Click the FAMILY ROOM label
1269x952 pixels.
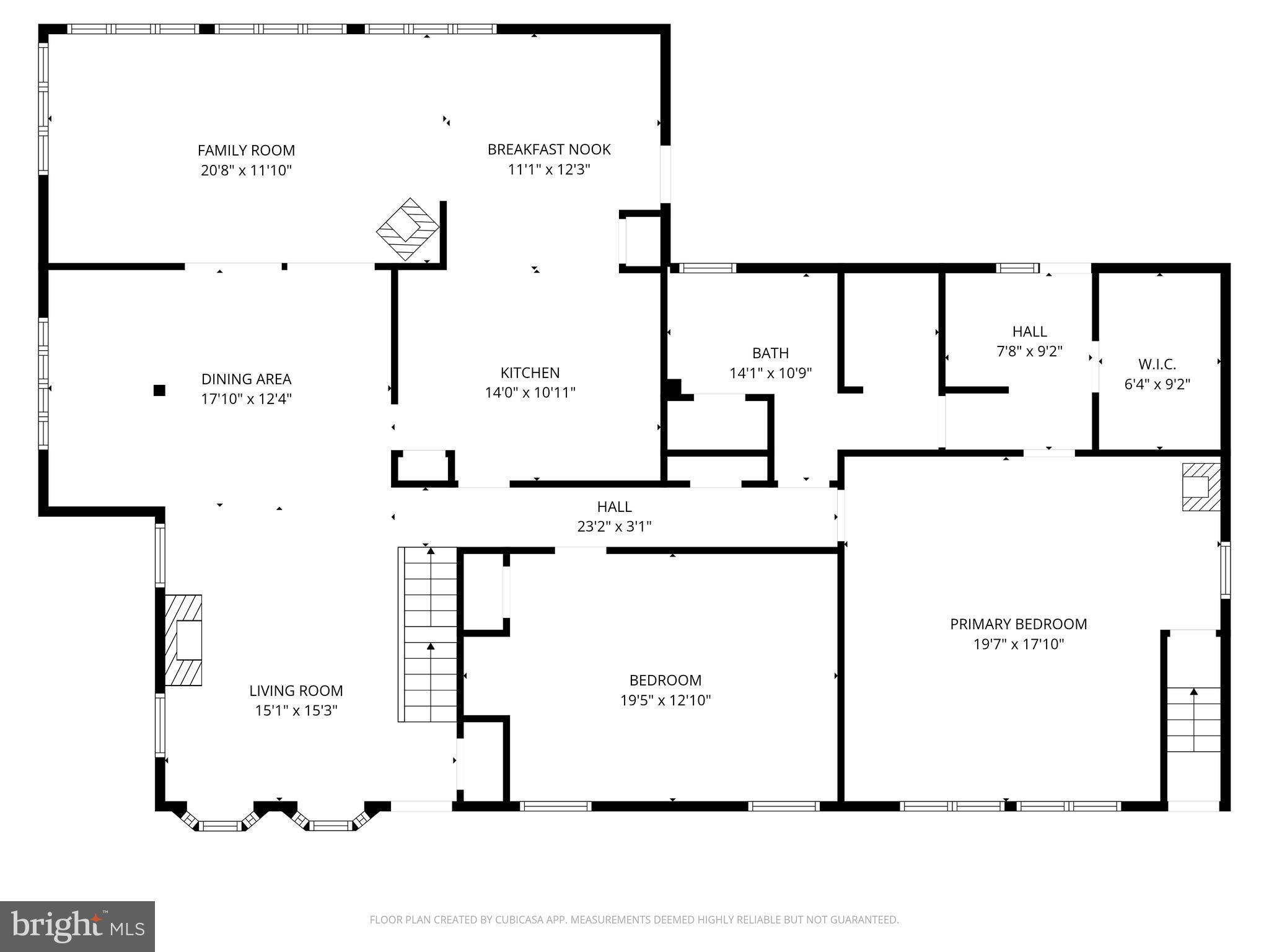[246, 150]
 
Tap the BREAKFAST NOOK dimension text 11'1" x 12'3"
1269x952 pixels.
[548, 169]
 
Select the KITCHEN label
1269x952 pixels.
[530, 372]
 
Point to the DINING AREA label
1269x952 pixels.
[246, 379]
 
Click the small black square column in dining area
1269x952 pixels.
[159, 390]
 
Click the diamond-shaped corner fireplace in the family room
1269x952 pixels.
[408, 229]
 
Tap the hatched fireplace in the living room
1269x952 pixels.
[183, 640]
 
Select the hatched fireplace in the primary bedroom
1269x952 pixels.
[1201, 487]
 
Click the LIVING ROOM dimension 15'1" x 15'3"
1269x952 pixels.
[296, 710]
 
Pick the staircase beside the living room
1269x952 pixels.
[428, 635]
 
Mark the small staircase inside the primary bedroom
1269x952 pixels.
[1193, 719]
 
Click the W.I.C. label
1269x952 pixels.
[1157, 364]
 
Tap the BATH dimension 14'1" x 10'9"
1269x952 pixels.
[770, 373]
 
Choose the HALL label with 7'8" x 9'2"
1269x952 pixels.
[1029, 332]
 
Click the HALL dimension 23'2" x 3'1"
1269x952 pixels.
[614, 527]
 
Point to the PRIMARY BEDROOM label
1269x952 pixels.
[1018, 624]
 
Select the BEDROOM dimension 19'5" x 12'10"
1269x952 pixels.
[665, 700]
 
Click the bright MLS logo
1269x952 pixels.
[77, 927]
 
